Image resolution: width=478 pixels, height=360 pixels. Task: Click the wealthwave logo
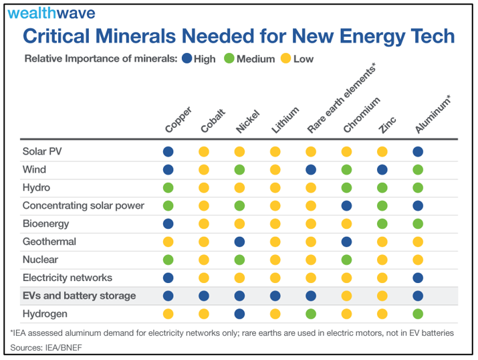(x=51, y=13)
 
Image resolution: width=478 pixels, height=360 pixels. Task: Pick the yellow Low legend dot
(x=285, y=59)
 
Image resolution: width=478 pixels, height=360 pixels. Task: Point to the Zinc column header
(x=387, y=123)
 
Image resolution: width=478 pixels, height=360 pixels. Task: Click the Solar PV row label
(x=45, y=151)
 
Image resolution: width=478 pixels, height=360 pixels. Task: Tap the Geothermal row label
(x=49, y=242)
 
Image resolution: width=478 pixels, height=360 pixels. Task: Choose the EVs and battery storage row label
(x=79, y=296)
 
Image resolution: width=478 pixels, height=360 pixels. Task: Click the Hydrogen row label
(x=45, y=314)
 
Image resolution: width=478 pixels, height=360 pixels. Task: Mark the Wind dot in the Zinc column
(x=382, y=170)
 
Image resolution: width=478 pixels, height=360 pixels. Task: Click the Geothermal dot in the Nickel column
(x=239, y=242)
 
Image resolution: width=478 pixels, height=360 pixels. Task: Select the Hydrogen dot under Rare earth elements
(x=311, y=314)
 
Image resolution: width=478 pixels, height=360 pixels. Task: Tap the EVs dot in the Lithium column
(x=275, y=296)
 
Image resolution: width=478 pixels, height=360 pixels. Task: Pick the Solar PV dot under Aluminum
(x=418, y=152)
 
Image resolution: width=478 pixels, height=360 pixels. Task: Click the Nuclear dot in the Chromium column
(x=346, y=260)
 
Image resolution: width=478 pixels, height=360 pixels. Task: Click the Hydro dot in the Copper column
(x=168, y=188)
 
